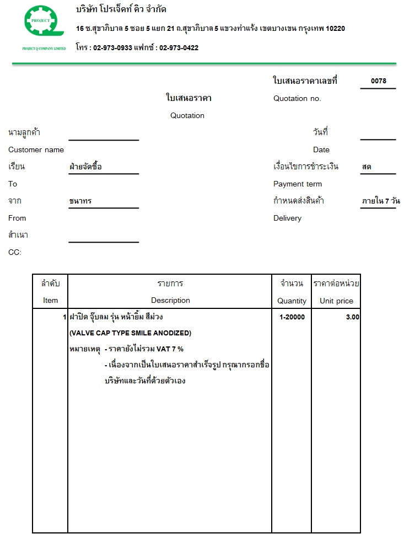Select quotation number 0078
point(379,81)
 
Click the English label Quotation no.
point(297,99)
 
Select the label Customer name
point(36,150)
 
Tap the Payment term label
point(298,184)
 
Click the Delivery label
point(287,218)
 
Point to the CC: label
point(15,253)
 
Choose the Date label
point(321,150)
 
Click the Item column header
point(50,301)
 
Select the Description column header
point(170,301)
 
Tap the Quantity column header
point(292,301)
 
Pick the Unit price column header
point(336,301)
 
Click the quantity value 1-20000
point(292,317)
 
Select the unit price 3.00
point(352,317)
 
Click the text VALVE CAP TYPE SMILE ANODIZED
point(130,333)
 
